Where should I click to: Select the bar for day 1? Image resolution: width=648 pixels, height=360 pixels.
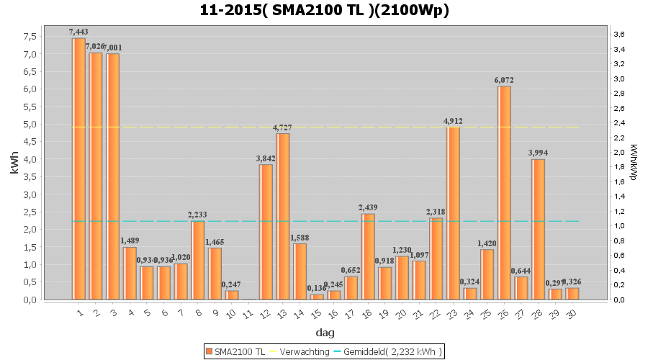click(78, 168)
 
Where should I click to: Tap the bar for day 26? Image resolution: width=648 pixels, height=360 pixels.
click(504, 192)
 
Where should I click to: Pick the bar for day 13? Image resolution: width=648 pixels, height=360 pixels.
click(283, 216)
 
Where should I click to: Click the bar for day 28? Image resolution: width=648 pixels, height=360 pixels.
click(538, 229)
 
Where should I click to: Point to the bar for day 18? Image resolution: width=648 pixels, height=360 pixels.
click(368, 256)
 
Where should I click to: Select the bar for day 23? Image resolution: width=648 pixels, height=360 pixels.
click(453, 213)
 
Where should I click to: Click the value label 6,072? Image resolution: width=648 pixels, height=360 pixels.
click(504, 80)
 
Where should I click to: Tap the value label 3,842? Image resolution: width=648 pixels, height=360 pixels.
click(266, 158)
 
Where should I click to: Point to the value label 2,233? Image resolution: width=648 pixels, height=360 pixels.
click(197, 215)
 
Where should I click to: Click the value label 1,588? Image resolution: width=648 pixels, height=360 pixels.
click(300, 238)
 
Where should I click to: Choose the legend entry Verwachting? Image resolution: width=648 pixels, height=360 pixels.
click(302, 351)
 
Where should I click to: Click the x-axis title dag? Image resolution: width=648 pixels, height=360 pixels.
click(325, 333)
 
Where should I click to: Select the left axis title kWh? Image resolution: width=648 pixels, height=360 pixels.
click(14, 167)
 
